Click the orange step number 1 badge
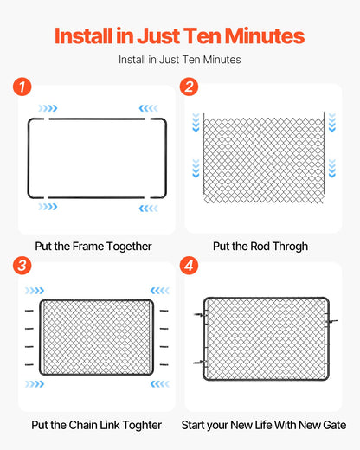pyautogui.click(x=22, y=87)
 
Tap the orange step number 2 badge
pyautogui.click(x=190, y=87)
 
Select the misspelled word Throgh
pyautogui.click(x=289, y=247)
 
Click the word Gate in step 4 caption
pyautogui.click(x=333, y=425)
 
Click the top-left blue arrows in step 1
pyautogui.click(x=48, y=108)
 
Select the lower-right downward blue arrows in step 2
pyautogui.click(x=331, y=167)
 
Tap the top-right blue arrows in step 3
pyautogui.click(x=159, y=291)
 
